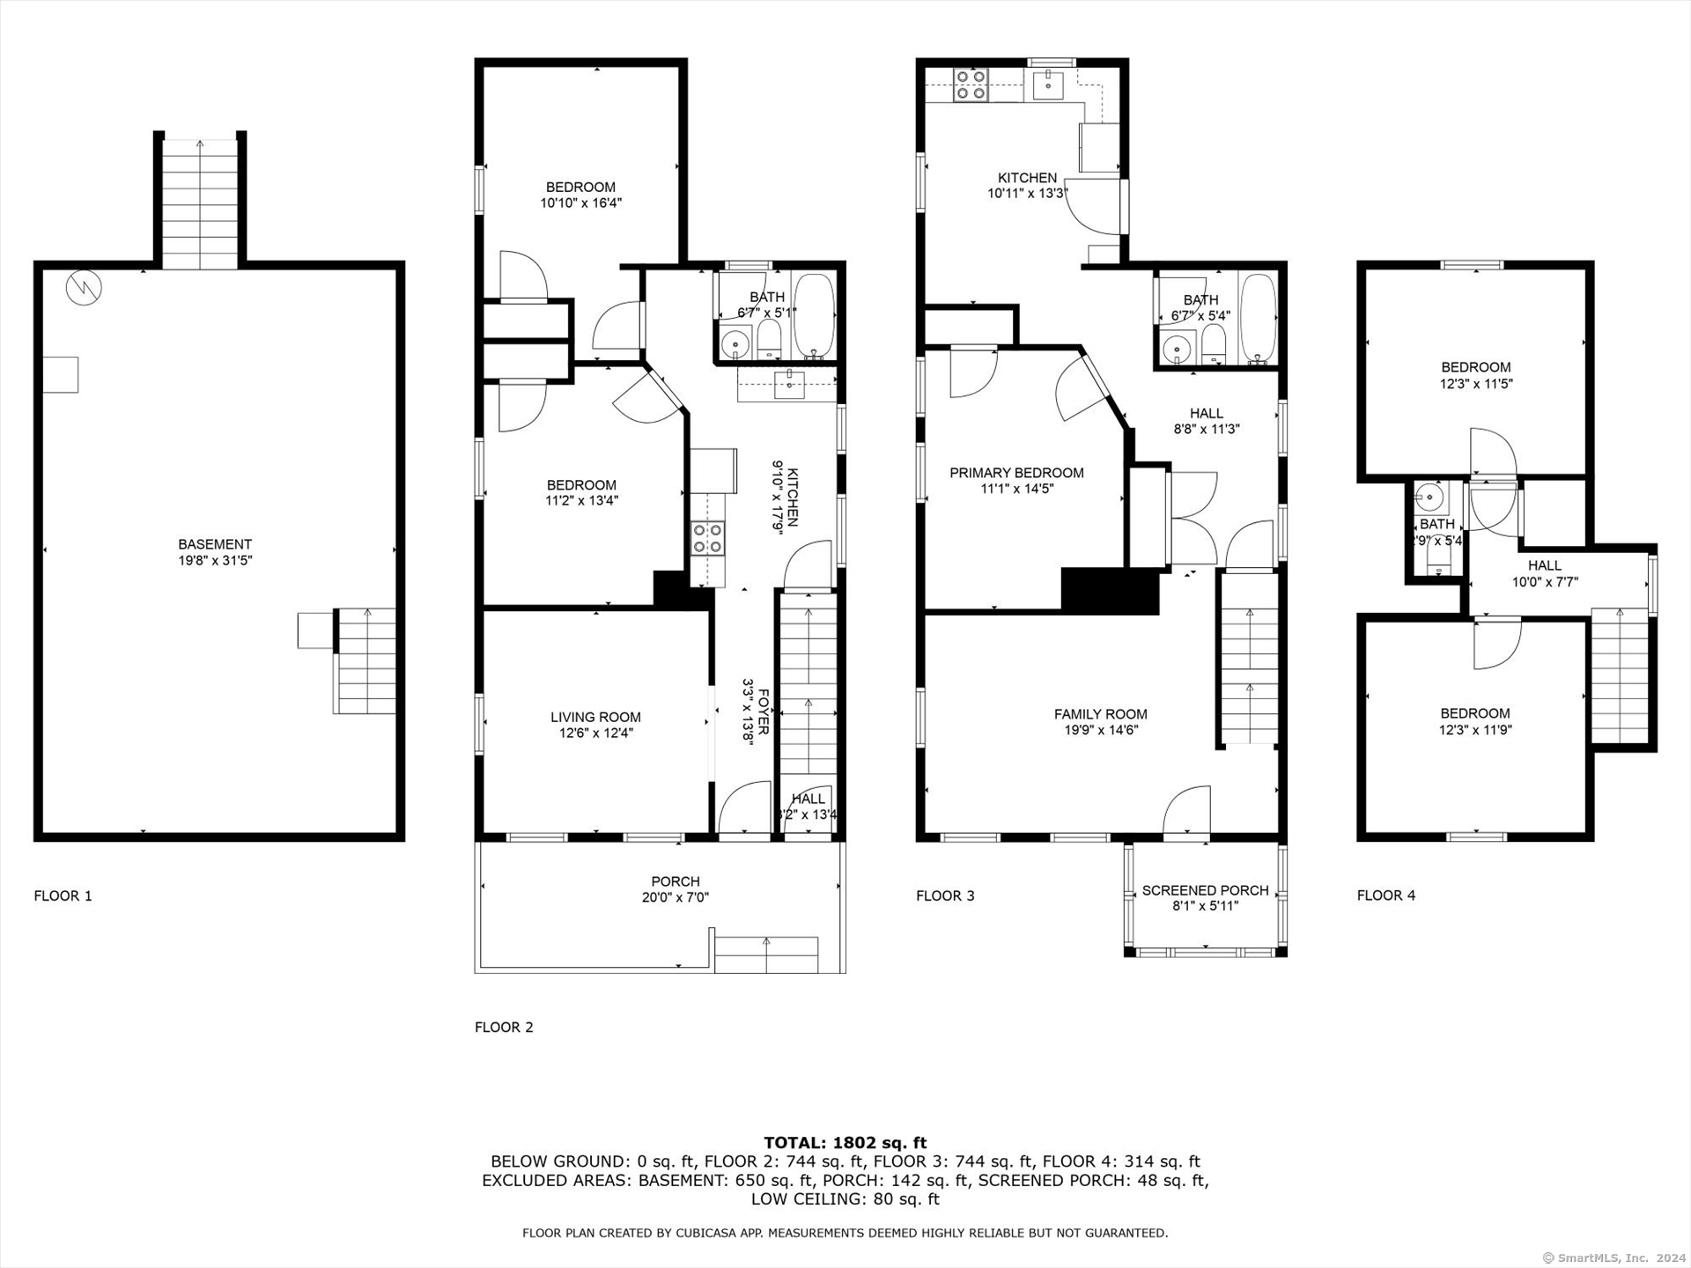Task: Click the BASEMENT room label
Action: (x=215, y=544)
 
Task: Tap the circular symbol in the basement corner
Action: (x=84, y=288)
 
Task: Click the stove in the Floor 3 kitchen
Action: (x=971, y=85)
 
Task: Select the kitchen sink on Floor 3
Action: (x=1048, y=85)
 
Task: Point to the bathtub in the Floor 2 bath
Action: (x=814, y=317)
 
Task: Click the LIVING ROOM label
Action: (x=595, y=717)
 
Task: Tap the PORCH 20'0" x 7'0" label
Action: (x=676, y=889)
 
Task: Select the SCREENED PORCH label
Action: (x=1205, y=890)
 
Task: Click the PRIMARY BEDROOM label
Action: (x=1016, y=473)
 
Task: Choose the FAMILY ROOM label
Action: (x=1101, y=714)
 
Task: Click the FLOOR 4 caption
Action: (x=1386, y=896)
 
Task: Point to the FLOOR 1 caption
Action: (x=63, y=896)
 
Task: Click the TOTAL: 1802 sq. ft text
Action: (x=845, y=1143)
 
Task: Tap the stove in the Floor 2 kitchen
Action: (x=707, y=538)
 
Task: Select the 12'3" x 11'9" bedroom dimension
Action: (x=1475, y=730)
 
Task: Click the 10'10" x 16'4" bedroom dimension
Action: (x=581, y=203)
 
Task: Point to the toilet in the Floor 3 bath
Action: (x=1214, y=344)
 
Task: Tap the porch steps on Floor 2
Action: (x=766, y=955)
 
